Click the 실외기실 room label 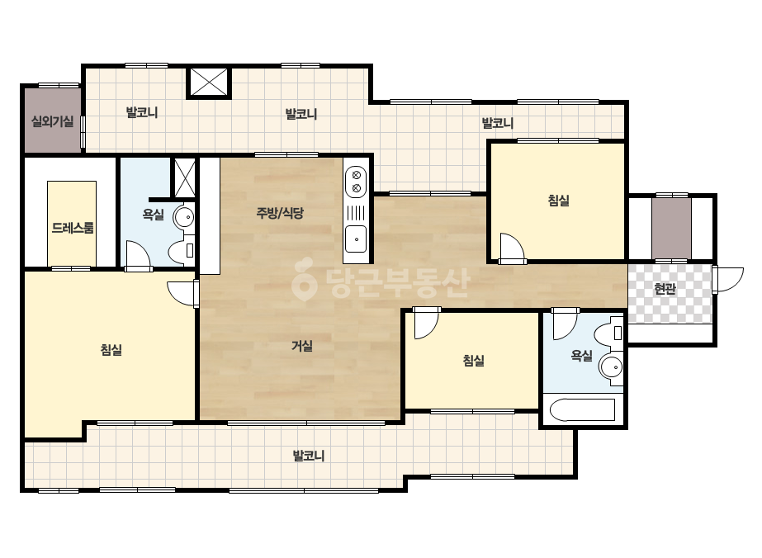tap(53, 121)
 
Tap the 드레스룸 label tap(73, 228)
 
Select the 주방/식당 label tap(280, 212)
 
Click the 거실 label tap(302, 346)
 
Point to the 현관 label tap(665, 289)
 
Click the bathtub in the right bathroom tap(583, 410)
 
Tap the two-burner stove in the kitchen tap(356, 182)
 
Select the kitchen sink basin tap(355, 239)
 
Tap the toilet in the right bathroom tap(609, 333)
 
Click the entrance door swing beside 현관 tap(727, 280)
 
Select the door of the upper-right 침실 tap(513, 248)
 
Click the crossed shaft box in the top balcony tap(209, 82)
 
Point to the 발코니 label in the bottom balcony tap(308, 456)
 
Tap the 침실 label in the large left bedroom tap(111, 349)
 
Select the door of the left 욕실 tap(138, 253)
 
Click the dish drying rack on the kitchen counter tap(356, 212)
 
